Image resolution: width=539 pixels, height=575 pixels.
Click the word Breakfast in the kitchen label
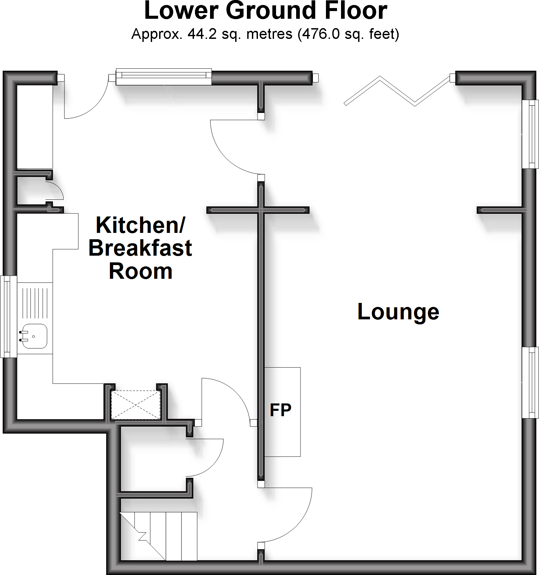pos(140,248)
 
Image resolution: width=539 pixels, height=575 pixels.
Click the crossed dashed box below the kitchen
pos(136,405)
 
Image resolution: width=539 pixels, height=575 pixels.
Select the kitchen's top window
pos(164,77)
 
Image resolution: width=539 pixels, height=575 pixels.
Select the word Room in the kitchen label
pos(141,271)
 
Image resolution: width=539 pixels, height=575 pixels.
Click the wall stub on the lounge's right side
pos(499,210)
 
